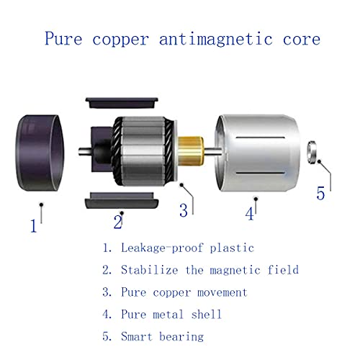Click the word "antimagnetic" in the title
coord(216,39)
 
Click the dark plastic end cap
coord(40,153)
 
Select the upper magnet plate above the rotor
coord(122,103)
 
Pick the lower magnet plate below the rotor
coord(122,200)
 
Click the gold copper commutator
coord(191,150)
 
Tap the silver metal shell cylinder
coord(258,153)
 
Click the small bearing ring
coord(312,152)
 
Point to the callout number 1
coord(34,226)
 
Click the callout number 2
coord(118,222)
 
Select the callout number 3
coord(184,210)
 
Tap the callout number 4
coord(250,214)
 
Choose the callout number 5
coord(320,193)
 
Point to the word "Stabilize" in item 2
coord(149,269)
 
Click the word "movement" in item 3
coord(222,292)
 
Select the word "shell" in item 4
coord(206,314)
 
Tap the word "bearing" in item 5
coord(181,337)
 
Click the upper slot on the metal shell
coord(261,138)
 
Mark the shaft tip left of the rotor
coord(80,151)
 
